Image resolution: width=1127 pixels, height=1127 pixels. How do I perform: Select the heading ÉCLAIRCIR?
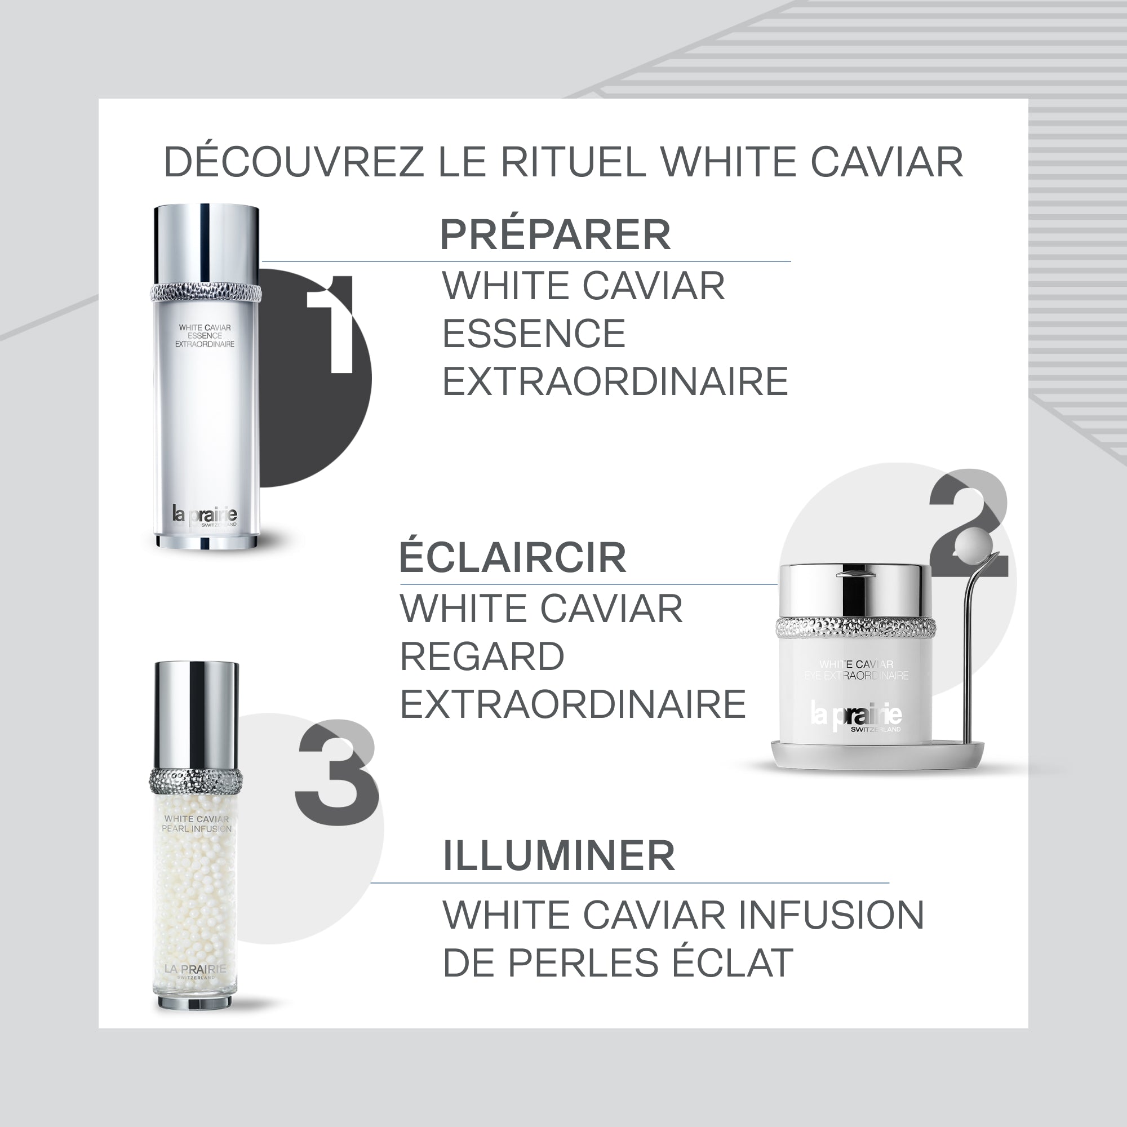point(513,558)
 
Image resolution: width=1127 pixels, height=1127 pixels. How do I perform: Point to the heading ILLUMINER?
point(559,856)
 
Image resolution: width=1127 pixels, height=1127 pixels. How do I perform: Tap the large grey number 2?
point(968,525)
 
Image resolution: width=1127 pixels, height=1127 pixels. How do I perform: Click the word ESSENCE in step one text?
point(534,334)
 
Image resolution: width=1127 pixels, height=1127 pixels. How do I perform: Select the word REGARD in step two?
point(482,657)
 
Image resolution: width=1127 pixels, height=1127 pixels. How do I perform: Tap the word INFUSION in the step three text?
point(831,915)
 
